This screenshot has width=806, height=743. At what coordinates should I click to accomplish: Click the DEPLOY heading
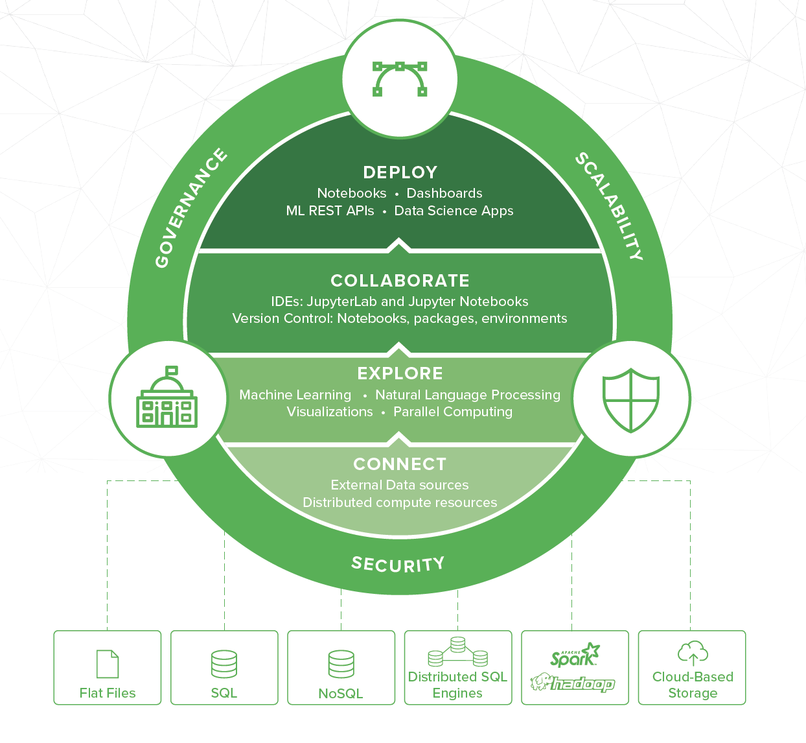coord(400,172)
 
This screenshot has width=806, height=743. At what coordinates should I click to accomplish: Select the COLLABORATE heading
coord(400,281)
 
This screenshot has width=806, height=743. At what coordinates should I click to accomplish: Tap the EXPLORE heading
coord(400,373)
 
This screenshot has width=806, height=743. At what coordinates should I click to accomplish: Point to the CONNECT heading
coord(400,464)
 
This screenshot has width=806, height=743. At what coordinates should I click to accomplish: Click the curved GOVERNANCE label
coord(190,208)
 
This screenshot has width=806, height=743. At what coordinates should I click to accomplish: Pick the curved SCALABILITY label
coord(610,206)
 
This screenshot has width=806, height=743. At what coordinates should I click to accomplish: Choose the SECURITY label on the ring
coord(398,564)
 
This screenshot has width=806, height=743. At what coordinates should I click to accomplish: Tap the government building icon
coord(167,398)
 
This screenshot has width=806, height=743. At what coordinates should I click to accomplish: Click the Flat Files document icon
coord(108,664)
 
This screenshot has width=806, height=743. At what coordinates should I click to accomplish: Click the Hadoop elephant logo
coord(572,683)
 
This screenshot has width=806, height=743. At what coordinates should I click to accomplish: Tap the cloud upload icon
coord(693,654)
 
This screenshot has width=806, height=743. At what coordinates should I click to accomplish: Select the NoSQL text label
coord(341,694)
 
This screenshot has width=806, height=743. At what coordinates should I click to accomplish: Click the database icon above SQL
coord(224,664)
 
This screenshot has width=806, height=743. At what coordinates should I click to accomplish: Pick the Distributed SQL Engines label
coord(457,685)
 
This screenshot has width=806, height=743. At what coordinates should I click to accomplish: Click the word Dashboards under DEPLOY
coord(444,193)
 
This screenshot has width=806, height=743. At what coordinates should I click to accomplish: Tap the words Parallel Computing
coord(453,412)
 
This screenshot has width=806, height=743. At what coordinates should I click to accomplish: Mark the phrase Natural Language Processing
coord(468,395)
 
